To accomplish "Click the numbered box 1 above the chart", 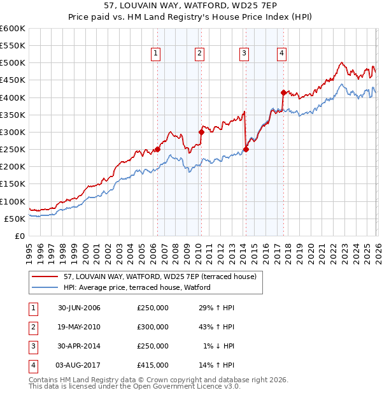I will pyautogui.click(x=156, y=54).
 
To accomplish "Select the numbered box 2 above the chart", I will pyautogui.click(x=200, y=54).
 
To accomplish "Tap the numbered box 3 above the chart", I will pyautogui.click(x=244, y=54).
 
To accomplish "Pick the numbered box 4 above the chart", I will pyautogui.click(x=281, y=54).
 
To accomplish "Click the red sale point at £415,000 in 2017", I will pyautogui.click(x=283, y=92).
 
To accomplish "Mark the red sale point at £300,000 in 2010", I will pyautogui.click(x=201, y=132).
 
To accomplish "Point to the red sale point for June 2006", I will pyautogui.click(x=157, y=150).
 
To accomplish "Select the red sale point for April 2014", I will pyautogui.click(x=245, y=150).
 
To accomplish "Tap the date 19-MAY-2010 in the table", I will pyautogui.click(x=79, y=327).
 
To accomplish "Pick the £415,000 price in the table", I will pyautogui.click(x=153, y=365).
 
